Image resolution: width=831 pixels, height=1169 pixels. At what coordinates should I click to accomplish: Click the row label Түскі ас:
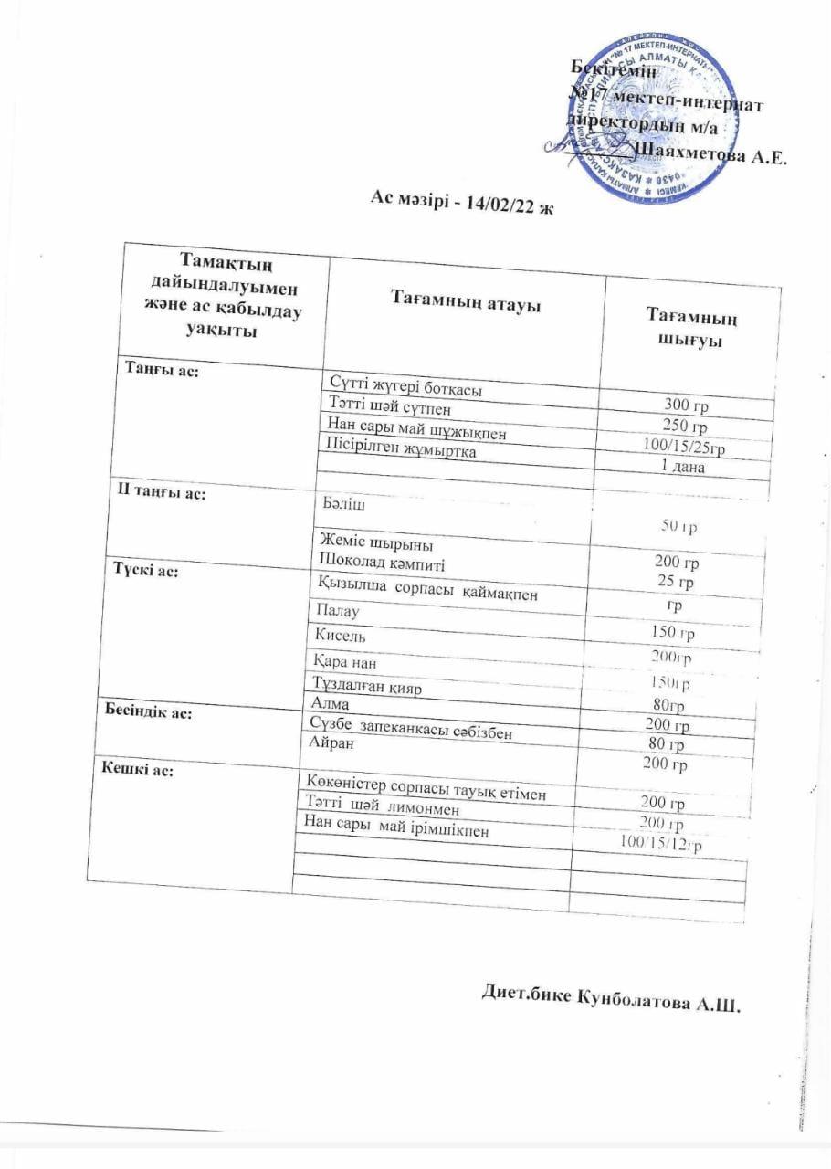(146, 569)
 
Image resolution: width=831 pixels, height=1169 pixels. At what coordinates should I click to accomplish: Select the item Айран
(332, 744)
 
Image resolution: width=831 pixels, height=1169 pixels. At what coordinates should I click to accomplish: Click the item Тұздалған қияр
(368, 687)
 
